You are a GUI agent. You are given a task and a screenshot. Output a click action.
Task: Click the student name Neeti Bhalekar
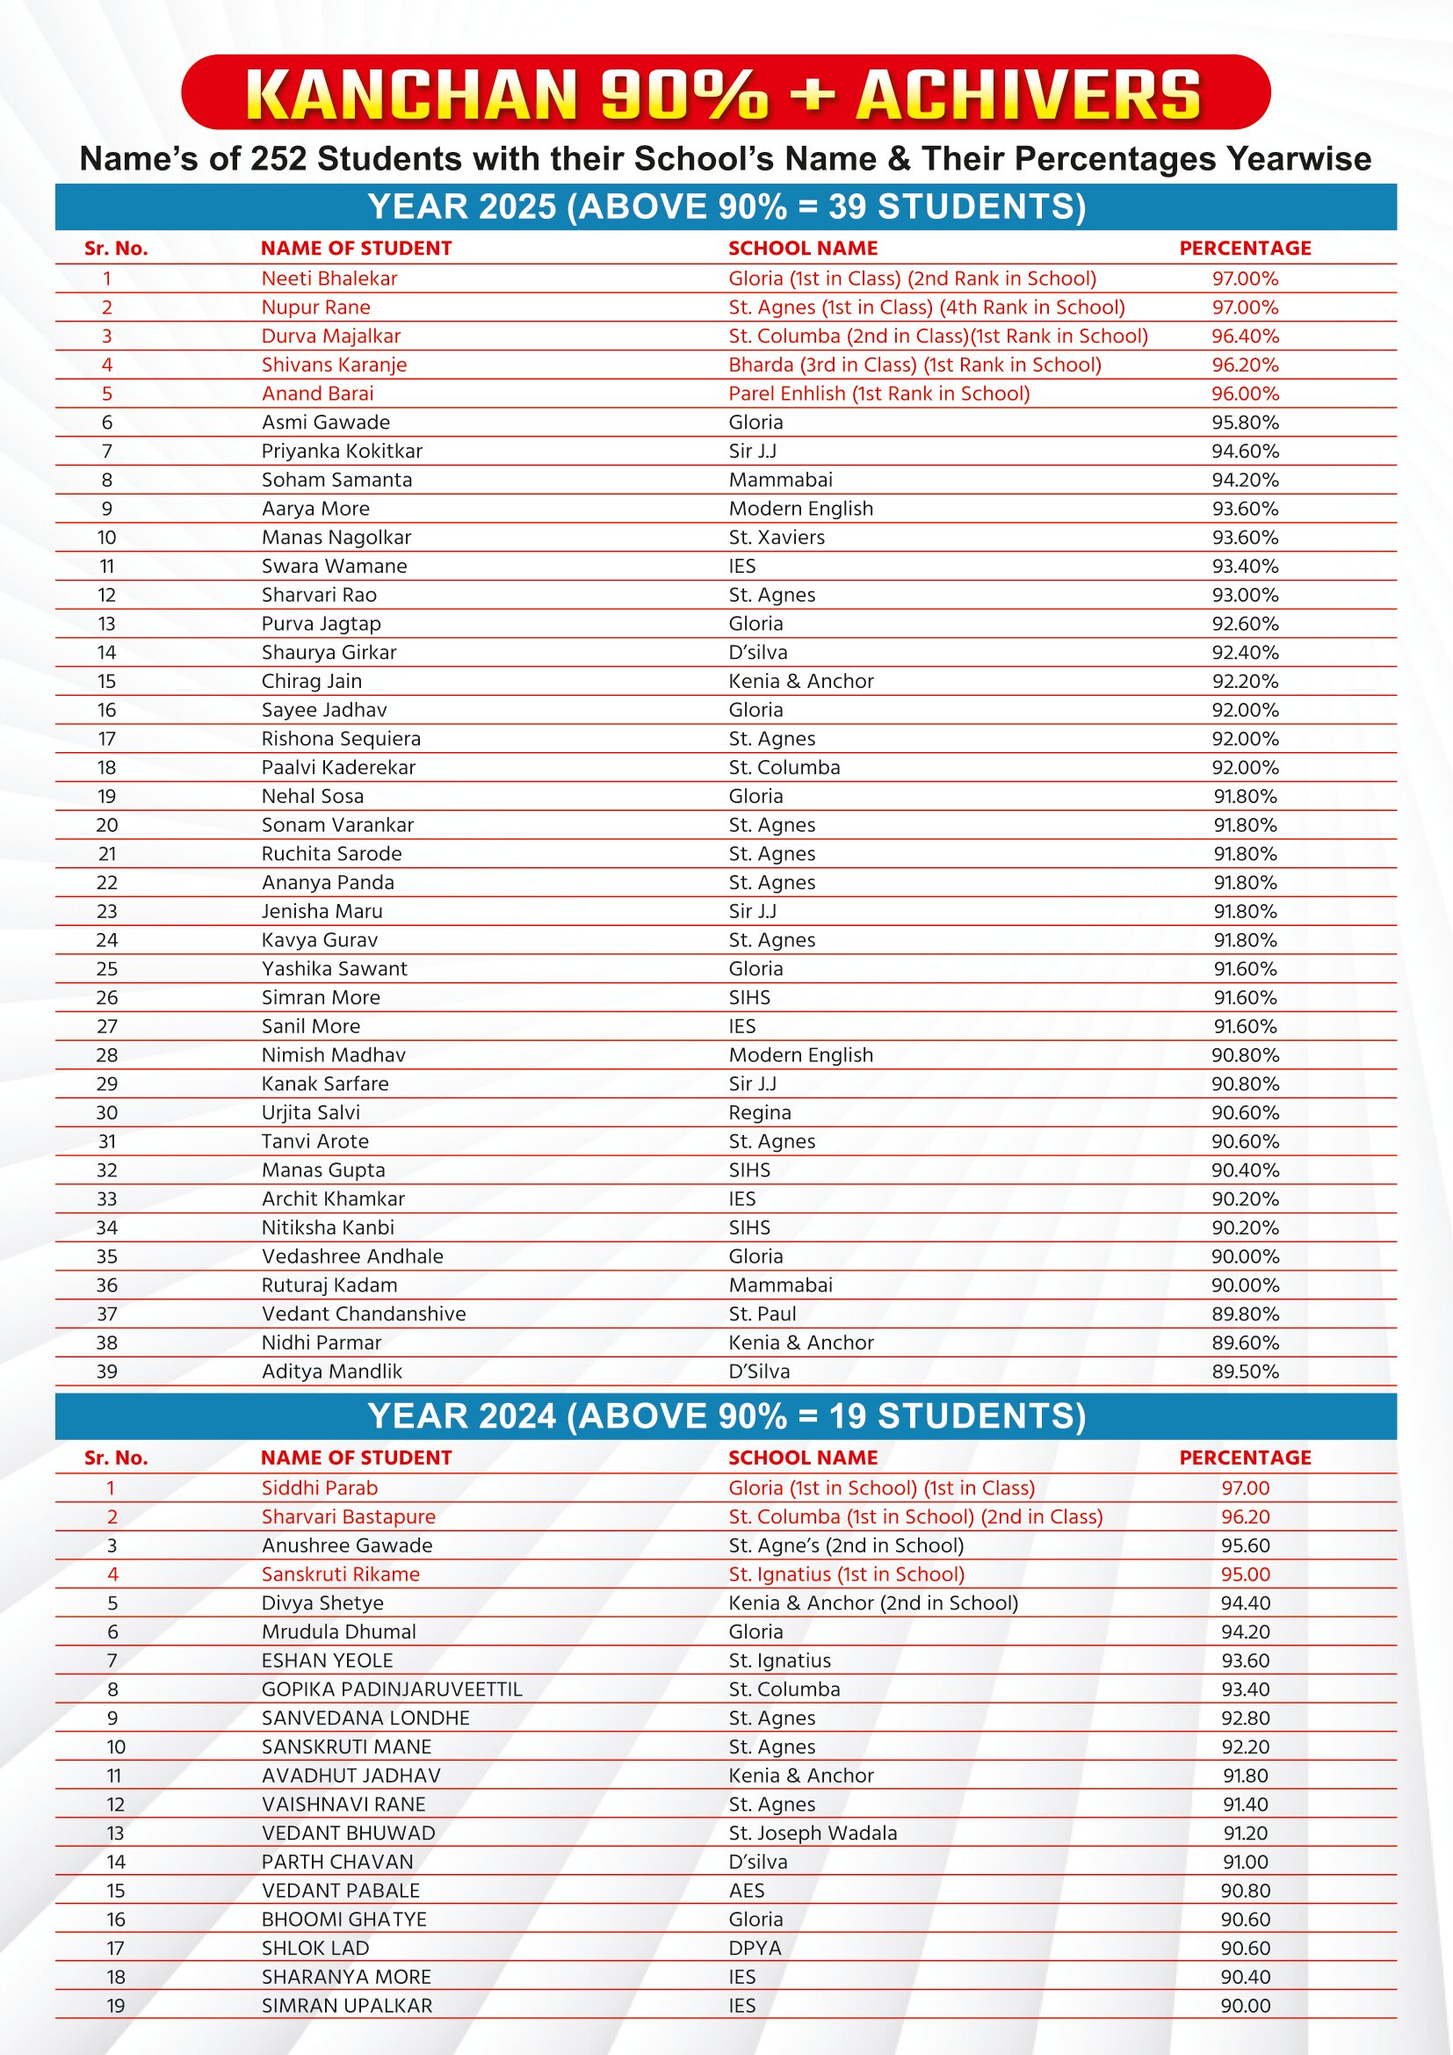(x=329, y=279)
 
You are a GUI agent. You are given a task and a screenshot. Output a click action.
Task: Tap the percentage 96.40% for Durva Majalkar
(x=1245, y=336)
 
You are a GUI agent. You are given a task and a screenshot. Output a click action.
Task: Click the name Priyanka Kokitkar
(x=342, y=451)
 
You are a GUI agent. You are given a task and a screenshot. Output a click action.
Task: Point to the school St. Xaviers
(x=777, y=537)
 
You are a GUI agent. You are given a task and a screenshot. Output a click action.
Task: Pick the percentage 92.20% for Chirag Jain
(x=1245, y=681)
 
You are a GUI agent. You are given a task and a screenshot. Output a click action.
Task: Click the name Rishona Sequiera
(x=341, y=738)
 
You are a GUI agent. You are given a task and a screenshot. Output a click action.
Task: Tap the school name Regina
(x=760, y=1112)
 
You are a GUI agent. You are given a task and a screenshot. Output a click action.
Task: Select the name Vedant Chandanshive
(x=364, y=1313)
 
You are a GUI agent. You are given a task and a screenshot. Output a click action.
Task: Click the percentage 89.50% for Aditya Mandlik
(x=1245, y=1371)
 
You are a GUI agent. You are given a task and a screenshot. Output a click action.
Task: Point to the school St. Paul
(x=763, y=1313)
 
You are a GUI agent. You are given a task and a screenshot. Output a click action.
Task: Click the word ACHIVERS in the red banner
(x=1027, y=95)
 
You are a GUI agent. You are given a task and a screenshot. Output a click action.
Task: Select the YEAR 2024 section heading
(x=726, y=1416)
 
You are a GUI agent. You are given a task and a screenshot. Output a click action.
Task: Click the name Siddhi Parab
(x=320, y=1487)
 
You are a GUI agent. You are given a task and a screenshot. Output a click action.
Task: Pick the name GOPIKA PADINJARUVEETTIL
(x=391, y=1689)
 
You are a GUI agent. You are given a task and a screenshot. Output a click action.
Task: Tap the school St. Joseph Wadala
(x=813, y=1833)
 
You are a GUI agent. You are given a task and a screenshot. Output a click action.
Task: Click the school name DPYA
(x=755, y=1948)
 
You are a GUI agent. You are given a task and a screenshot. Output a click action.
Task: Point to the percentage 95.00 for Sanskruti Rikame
(x=1245, y=1574)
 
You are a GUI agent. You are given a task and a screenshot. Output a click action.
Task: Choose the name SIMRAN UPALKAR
(x=346, y=2006)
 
